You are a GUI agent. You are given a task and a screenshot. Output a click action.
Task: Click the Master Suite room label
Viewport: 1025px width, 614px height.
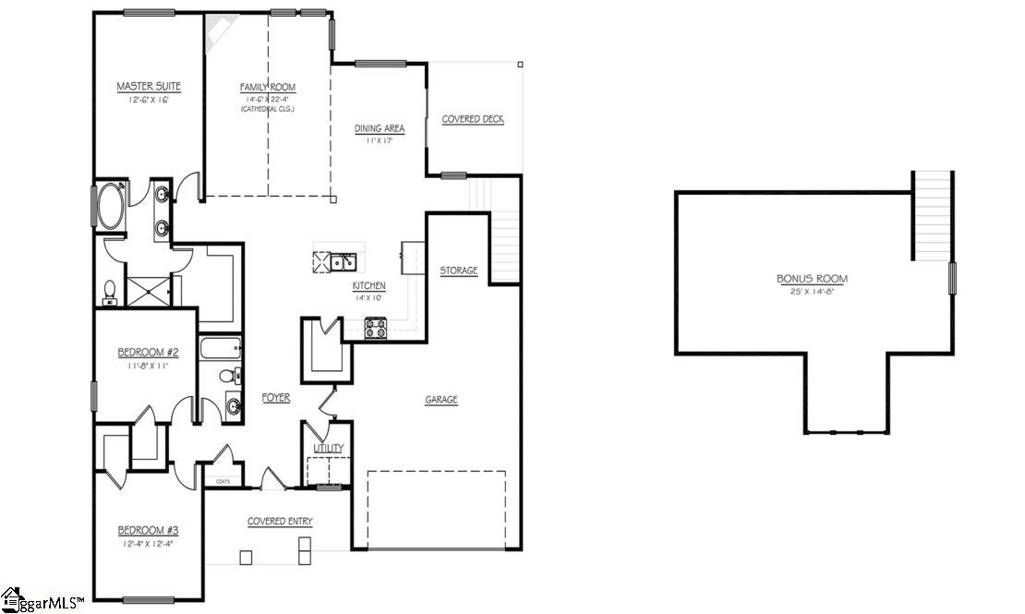coord(149,87)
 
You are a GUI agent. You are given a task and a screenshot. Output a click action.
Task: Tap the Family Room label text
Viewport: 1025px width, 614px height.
coord(268,88)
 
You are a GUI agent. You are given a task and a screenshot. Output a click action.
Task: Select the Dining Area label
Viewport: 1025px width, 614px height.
coord(380,129)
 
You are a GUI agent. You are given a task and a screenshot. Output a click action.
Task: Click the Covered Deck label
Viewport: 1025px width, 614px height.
coord(473,119)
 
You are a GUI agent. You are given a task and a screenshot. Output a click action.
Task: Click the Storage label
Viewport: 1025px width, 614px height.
coord(459,271)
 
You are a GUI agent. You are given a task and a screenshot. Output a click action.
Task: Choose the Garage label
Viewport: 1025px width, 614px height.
coord(441,400)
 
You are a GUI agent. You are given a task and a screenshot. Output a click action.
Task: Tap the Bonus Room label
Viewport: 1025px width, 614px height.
coord(812,278)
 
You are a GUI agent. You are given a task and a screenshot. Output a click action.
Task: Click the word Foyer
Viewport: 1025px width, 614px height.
coord(275,398)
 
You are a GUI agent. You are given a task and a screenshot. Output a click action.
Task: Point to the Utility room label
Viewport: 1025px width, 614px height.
coord(329,449)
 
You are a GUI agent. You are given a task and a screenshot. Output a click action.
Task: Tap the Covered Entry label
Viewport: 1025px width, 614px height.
coord(280,522)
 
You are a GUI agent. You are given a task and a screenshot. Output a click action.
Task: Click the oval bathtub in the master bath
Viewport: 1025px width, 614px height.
coord(113,207)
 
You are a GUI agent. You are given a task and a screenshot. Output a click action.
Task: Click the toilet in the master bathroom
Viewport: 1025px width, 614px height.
coord(109,294)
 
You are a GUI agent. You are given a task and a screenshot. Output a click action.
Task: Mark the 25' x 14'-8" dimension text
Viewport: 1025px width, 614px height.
coord(812,292)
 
